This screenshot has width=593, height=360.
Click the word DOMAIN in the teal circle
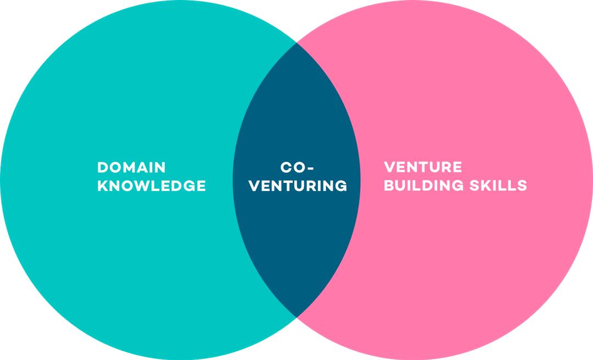pyautogui.click(x=132, y=167)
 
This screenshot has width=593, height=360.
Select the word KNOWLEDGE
pyautogui.click(x=152, y=185)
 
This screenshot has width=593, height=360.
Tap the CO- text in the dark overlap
pyautogui.click(x=297, y=167)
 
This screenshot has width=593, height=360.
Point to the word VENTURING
pyautogui.click(x=298, y=185)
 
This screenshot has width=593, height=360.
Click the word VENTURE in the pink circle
pyautogui.click(x=423, y=167)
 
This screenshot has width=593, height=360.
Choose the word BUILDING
pyautogui.click(x=424, y=185)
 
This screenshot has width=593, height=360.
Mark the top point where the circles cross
pyautogui.click(x=296, y=42)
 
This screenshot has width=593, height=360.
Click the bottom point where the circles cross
pyautogui.click(x=296, y=318)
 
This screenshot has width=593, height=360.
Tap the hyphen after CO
pyautogui.click(x=310, y=167)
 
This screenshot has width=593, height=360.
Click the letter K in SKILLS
pyautogui.click(x=486, y=185)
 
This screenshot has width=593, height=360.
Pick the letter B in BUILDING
pyautogui.click(x=389, y=185)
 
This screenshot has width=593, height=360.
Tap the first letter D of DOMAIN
pyautogui.click(x=103, y=167)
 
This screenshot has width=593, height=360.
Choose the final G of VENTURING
pyautogui.click(x=341, y=185)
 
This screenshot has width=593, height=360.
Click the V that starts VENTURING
pyautogui.click(x=254, y=185)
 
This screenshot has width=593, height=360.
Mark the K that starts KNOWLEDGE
pyautogui.click(x=103, y=185)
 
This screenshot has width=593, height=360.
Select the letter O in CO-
pyautogui.click(x=299, y=167)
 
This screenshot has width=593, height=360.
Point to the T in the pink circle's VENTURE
pyautogui.click(x=423, y=167)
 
